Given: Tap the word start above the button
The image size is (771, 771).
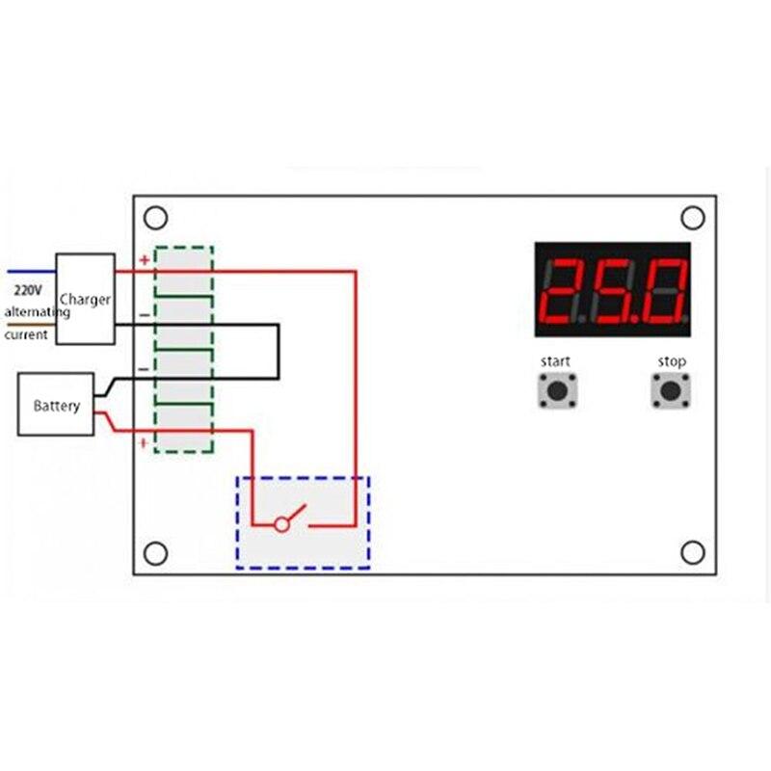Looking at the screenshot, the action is [x=555, y=361].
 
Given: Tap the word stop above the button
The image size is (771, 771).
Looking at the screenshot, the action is [x=672, y=362].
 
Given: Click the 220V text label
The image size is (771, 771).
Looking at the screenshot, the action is [x=28, y=291].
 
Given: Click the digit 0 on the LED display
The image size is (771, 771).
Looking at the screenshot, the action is [x=662, y=291].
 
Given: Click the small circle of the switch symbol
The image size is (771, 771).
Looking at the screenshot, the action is [x=281, y=524].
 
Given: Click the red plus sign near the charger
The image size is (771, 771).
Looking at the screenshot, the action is [x=145, y=259].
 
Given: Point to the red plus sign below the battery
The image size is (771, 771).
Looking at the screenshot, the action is [x=144, y=443].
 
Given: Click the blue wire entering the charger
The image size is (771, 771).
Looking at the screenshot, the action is [x=32, y=271].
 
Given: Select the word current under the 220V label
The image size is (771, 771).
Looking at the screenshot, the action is [x=26, y=334].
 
